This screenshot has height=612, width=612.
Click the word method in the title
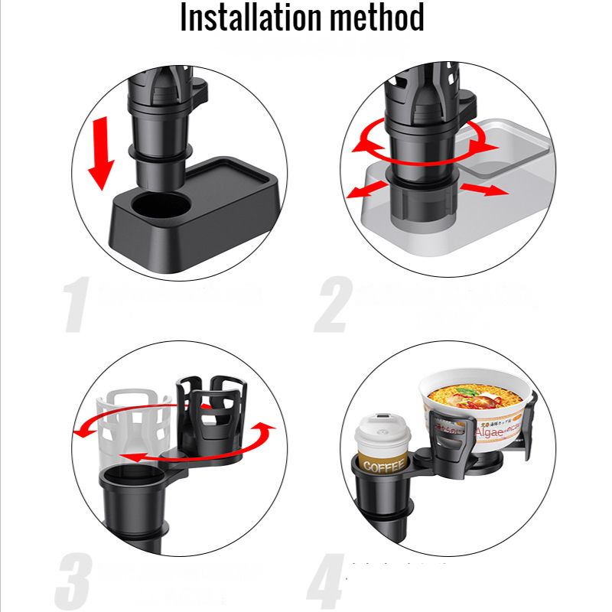(x=374, y=18)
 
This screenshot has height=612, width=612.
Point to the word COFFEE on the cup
(x=380, y=466)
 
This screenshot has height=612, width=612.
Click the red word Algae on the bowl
(x=489, y=433)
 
